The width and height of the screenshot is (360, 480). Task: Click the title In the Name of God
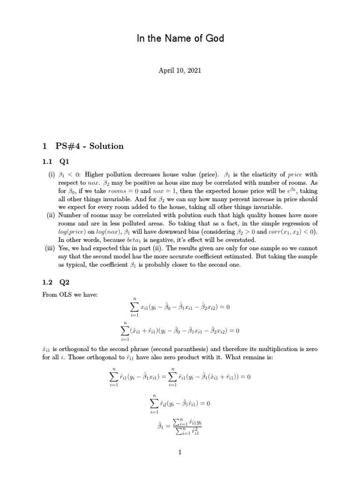pyautogui.click(x=180, y=38)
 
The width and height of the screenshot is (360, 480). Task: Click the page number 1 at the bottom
pyautogui.click(x=180, y=452)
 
